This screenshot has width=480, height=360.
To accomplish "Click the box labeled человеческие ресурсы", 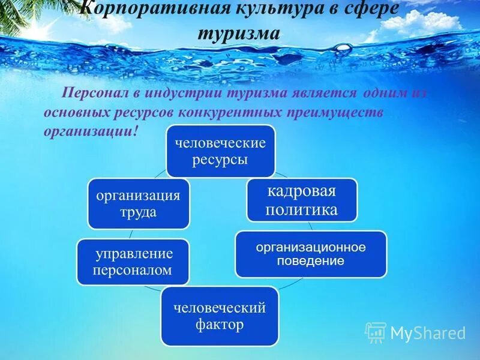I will [x=220, y=151].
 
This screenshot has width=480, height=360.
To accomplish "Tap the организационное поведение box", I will [x=310, y=254].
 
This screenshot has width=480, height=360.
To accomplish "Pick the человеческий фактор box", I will [x=219, y=316].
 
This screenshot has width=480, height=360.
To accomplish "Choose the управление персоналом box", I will [x=133, y=262].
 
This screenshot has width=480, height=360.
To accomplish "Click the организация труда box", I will [x=138, y=203].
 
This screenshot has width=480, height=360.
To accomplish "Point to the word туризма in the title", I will [x=239, y=33].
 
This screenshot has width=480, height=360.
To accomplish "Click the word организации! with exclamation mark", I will [x=91, y=131].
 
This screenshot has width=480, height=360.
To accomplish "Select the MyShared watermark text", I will [x=428, y=333].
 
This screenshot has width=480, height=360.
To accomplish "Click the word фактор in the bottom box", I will [x=219, y=325].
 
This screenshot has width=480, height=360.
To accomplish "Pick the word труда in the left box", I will [x=138, y=212].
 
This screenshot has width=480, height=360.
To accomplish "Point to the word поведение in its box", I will [x=310, y=261].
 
